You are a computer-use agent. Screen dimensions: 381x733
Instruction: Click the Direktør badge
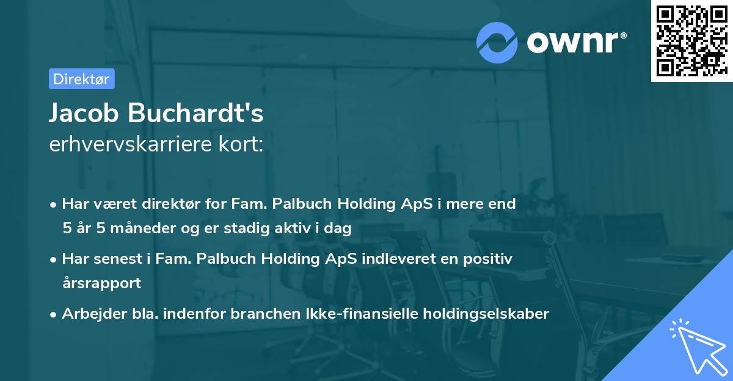(81, 79)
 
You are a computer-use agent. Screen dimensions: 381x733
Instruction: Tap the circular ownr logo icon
(497, 42)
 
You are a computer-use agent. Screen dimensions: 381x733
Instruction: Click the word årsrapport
(101, 283)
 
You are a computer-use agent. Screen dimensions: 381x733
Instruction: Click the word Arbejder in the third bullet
(90, 314)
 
